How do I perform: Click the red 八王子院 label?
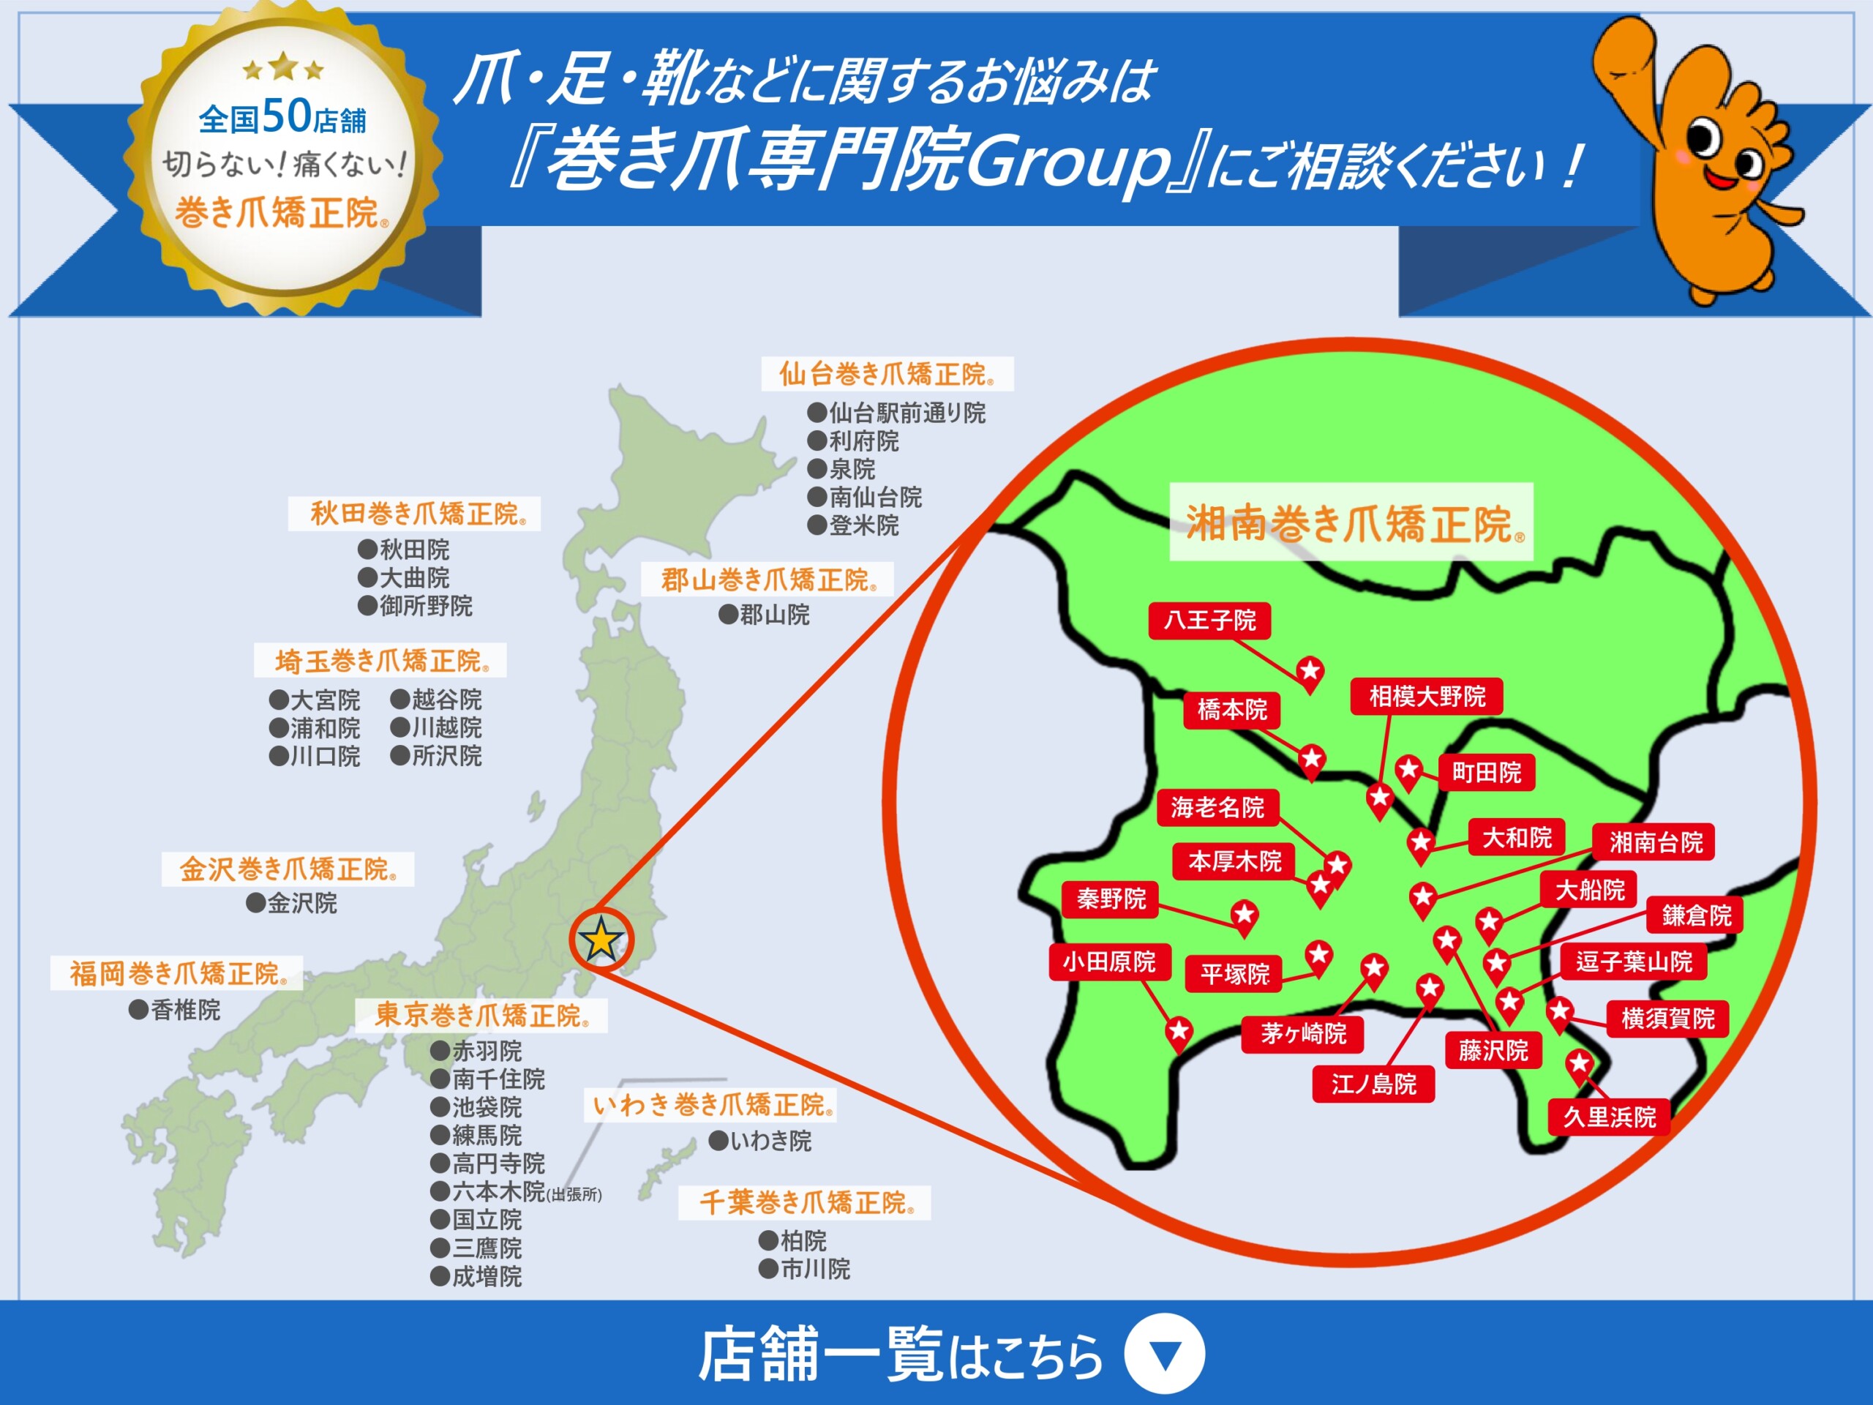point(1209,621)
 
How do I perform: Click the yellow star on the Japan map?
point(601,939)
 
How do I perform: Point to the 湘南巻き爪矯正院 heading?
point(1351,522)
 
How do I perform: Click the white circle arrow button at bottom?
point(1165,1353)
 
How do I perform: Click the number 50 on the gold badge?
point(287,115)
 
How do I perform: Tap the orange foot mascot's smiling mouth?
point(1723,179)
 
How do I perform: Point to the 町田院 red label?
point(1486,772)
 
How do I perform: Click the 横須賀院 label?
point(1667,1018)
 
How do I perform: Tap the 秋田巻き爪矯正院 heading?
point(415,513)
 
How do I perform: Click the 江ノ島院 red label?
point(1373,1084)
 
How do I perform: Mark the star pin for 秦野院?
point(1244,915)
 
